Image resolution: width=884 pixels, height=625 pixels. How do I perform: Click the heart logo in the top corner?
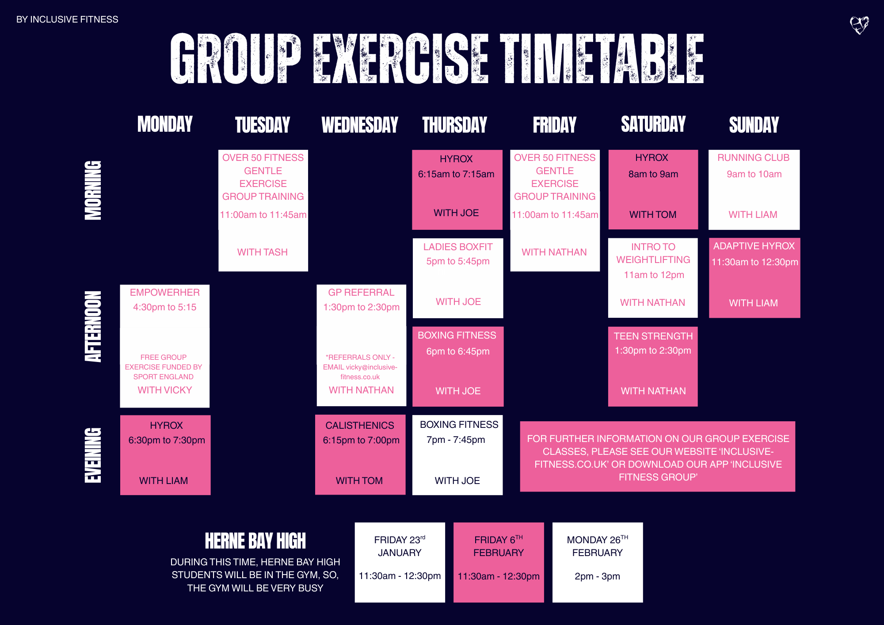[859, 25]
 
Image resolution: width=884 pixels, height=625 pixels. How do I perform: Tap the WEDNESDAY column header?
[360, 125]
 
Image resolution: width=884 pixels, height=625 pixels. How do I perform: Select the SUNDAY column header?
[754, 125]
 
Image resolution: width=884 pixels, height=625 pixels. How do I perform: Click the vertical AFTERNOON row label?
[93, 327]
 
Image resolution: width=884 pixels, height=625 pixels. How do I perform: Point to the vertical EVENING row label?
[93, 455]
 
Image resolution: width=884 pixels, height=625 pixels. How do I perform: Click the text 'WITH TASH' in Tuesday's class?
[263, 252]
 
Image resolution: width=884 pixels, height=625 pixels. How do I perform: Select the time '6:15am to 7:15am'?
[456, 174]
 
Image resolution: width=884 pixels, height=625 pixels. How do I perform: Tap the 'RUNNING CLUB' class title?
[753, 158]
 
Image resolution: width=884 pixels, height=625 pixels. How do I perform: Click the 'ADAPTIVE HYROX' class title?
[754, 246]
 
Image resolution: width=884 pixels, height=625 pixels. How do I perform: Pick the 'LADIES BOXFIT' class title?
[458, 247]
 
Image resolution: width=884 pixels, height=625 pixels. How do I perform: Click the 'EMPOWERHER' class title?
[165, 293]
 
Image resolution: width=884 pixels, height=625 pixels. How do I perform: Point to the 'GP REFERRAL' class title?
[361, 293]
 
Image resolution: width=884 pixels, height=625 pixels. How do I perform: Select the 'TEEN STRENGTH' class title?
[653, 336]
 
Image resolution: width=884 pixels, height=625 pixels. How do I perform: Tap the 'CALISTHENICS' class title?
[360, 426]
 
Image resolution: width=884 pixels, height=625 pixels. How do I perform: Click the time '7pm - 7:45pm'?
[456, 440]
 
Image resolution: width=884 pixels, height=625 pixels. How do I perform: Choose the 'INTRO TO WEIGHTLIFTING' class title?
[653, 253]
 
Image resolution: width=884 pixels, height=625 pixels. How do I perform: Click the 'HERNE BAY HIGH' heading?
[255, 541]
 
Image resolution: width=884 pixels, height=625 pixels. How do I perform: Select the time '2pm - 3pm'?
[597, 576]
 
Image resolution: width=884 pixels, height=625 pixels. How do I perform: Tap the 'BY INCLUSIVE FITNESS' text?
[67, 19]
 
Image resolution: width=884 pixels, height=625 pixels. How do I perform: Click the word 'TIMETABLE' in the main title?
[602, 59]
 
